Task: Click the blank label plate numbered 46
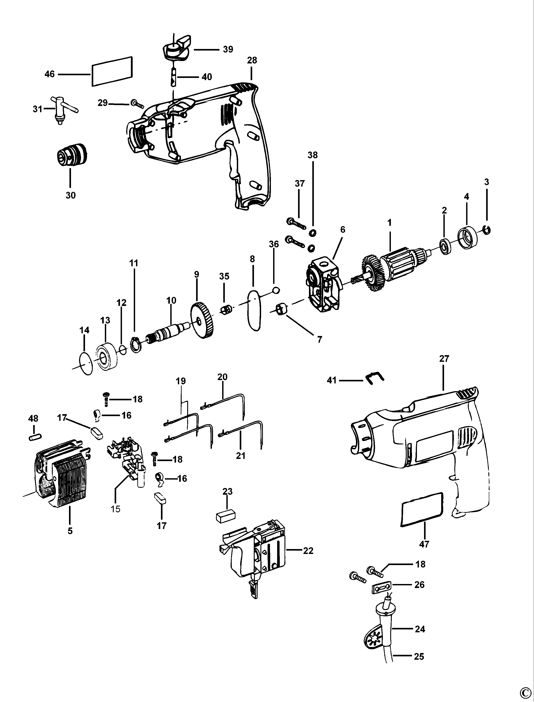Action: [x=112, y=71]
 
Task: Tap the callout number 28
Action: [x=252, y=60]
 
